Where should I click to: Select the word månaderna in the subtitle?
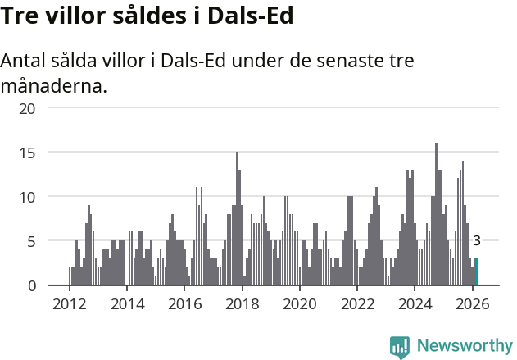click(x=54, y=85)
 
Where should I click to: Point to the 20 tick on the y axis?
click(x=27, y=108)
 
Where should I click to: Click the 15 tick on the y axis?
click(x=27, y=153)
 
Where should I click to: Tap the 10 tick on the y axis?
click(x=27, y=197)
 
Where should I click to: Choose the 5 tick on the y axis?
click(x=31, y=241)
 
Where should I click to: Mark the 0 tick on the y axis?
click(x=31, y=285)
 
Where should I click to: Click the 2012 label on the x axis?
click(x=69, y=303)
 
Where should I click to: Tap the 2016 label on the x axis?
click(x=184, y=303)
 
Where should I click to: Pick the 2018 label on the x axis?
click(x=242, y=303)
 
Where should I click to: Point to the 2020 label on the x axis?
click(x=299, y=303)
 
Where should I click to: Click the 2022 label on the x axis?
click(x=357, y=303)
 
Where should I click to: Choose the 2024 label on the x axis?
click(x=415, y=303)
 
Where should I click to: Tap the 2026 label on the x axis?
click(x=473, y=303)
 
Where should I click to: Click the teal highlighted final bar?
click(x=477, y=272)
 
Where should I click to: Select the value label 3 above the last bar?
click(x=477, y=241)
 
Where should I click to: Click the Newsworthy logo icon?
click(x=400, y=347)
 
